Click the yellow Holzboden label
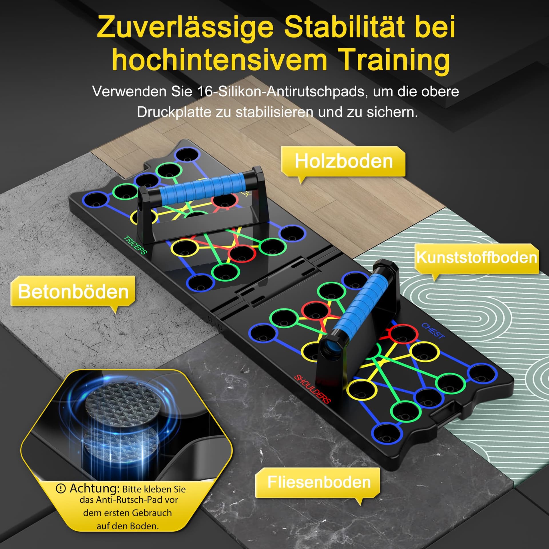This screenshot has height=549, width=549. point(343,162)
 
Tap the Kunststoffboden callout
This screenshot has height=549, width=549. point(477,258)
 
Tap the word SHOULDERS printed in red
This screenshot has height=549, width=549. point(312,389)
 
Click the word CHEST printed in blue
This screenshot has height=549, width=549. point(433,331)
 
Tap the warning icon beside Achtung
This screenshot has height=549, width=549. point(61,489)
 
